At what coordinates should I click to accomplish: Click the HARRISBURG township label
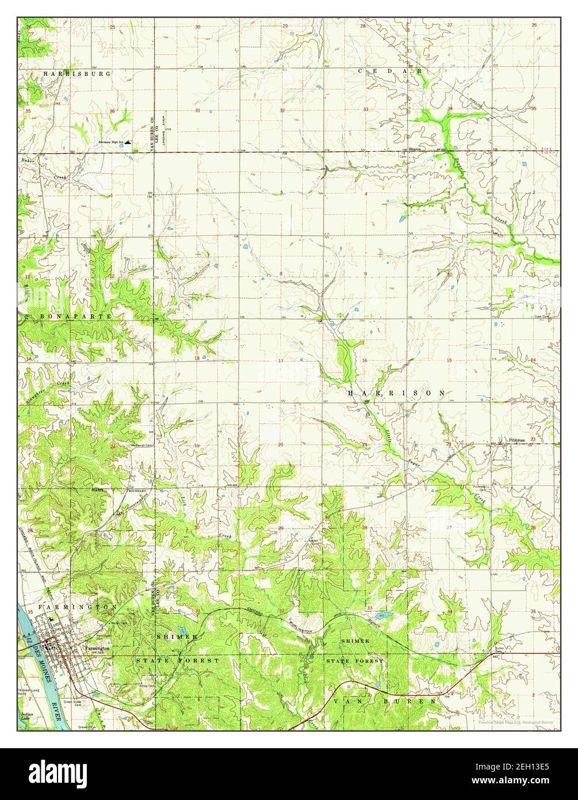[77, 74]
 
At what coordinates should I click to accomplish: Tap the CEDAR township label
[391, 71]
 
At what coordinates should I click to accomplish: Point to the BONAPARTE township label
[67, 317]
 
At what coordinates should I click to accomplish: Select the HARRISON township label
[396, 393]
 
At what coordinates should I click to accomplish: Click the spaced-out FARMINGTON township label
[79, 607]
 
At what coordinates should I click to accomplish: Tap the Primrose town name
[516, 440]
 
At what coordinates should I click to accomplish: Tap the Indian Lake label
[25, 717]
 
